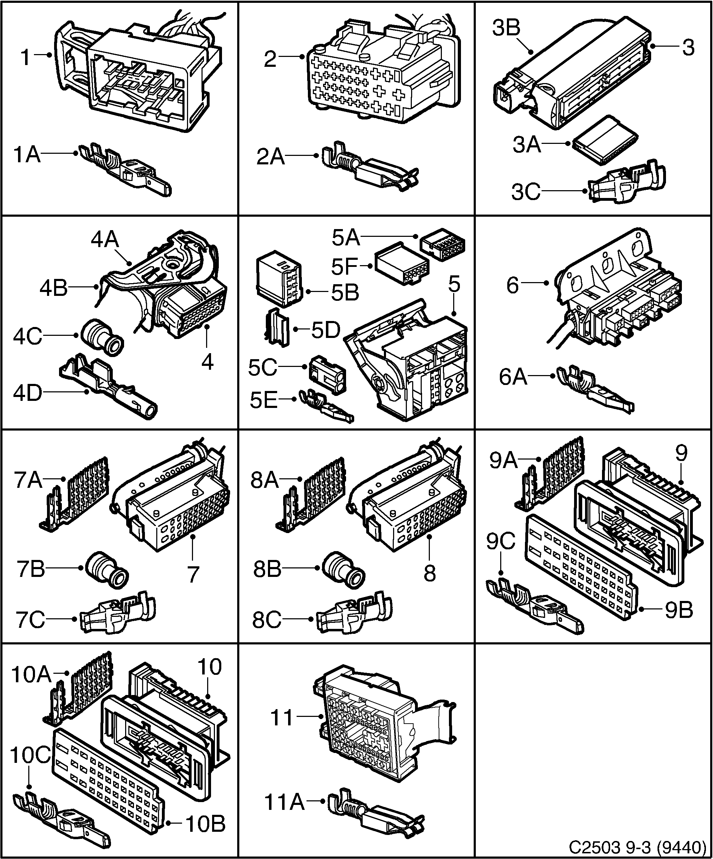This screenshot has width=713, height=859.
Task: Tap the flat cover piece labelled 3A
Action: [x=604, y=140]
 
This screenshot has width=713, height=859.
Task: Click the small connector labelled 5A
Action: [x=443, y=245]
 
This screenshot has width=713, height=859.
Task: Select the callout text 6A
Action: [x=513, y=377]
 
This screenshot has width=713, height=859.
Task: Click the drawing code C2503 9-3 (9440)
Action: [x=638, y=846]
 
